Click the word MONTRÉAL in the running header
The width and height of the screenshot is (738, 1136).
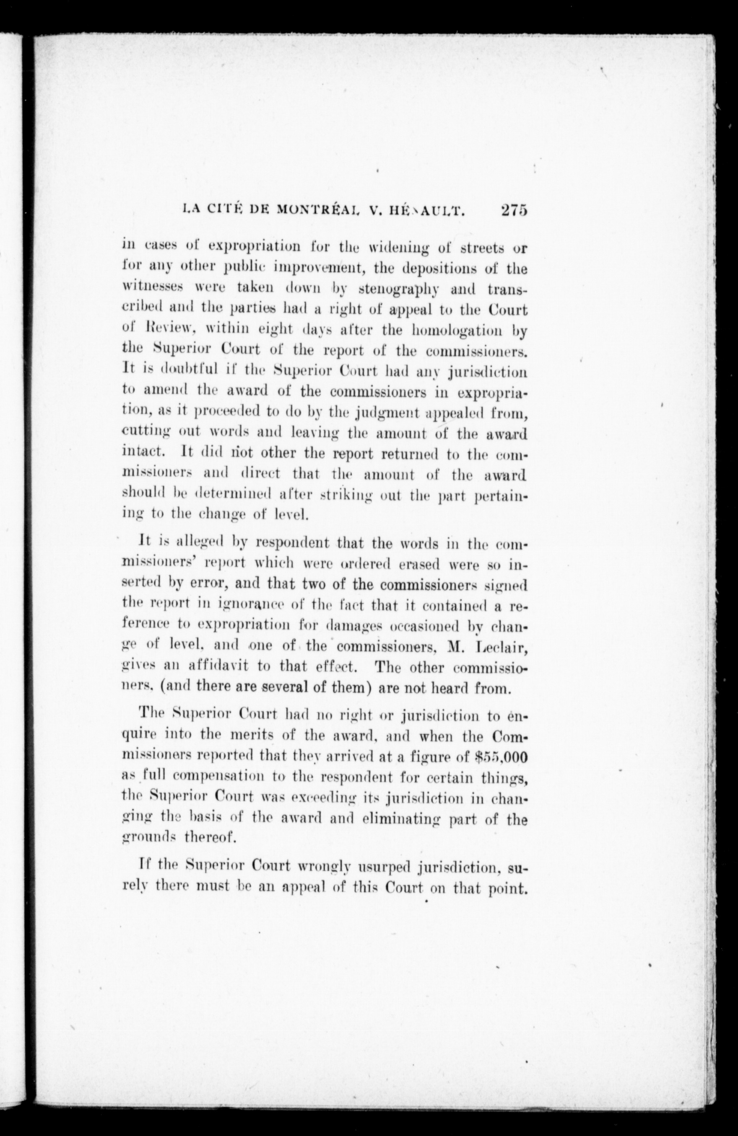pos(316,211)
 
